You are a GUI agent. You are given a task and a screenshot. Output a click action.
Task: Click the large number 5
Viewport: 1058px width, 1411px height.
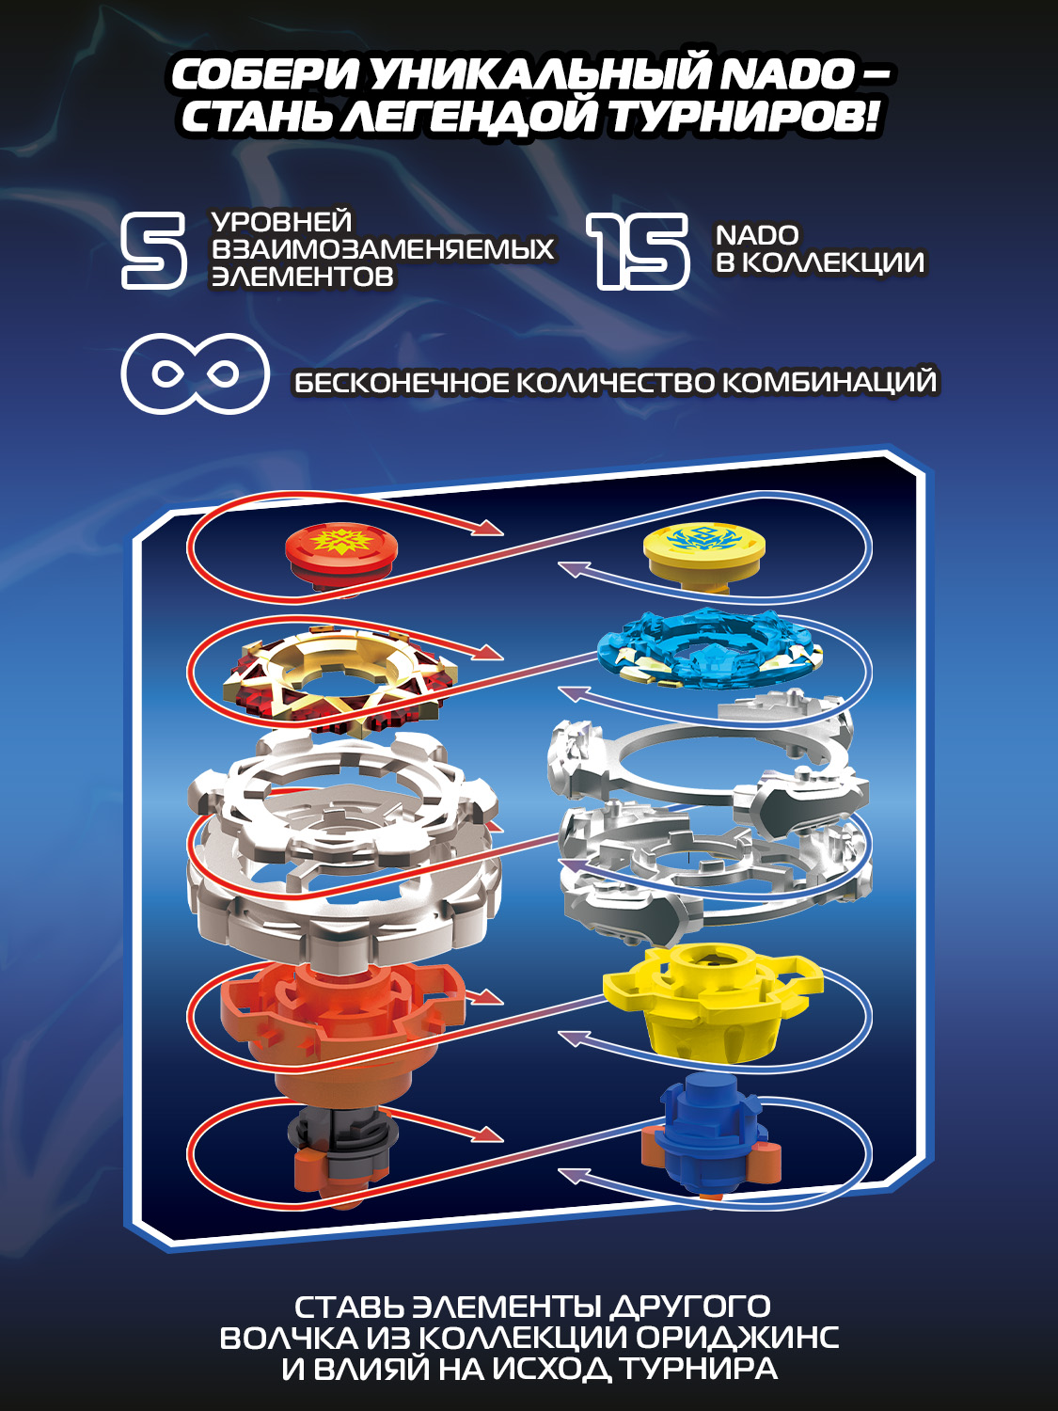pos(153,250)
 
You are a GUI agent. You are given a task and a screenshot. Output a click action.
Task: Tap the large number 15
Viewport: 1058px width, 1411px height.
pos(639,250)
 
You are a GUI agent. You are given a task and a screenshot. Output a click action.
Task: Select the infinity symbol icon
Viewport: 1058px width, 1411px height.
pos(195,373)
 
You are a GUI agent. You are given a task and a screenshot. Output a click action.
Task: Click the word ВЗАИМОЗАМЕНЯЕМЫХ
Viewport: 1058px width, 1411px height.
pos(383,249)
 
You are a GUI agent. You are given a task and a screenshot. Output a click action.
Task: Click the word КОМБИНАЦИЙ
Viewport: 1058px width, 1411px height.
pos(829,382)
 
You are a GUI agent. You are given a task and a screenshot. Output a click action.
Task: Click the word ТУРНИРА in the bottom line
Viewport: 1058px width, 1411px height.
pos(697,1369)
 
